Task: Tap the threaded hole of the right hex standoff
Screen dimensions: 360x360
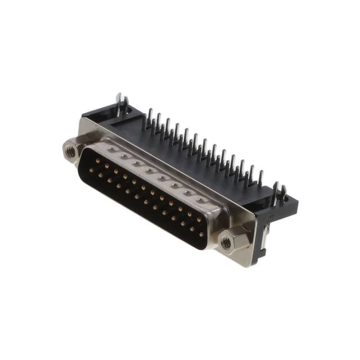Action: pos(226,243)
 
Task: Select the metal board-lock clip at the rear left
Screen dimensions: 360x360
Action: pos(120,105)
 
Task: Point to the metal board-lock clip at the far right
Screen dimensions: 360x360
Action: pos(276,194)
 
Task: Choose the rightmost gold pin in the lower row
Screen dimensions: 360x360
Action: pos(201,233)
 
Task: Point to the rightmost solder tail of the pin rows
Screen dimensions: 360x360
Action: pos(260,179)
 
